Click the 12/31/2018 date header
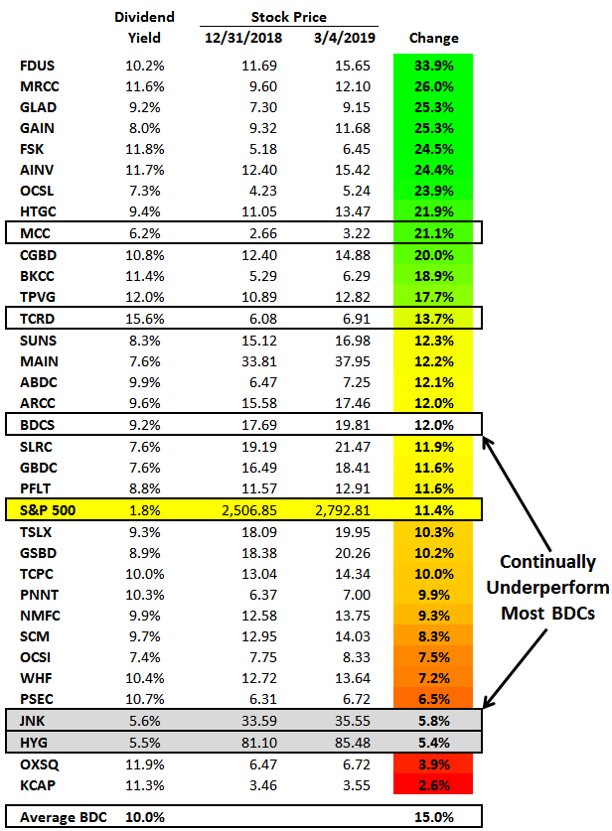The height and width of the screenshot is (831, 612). click(x=242, y=38)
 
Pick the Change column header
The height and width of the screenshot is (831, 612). click(x=433, y=38)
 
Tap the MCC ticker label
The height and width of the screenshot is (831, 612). click(x=35, y=233)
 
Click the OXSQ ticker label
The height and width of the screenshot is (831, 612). click(x=39, y=762)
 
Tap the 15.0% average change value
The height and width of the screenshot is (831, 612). click(x=433, y=816)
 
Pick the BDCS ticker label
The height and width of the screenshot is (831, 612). click(x=37, y=424)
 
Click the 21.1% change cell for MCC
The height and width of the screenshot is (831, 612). click(x=433, y=233)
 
